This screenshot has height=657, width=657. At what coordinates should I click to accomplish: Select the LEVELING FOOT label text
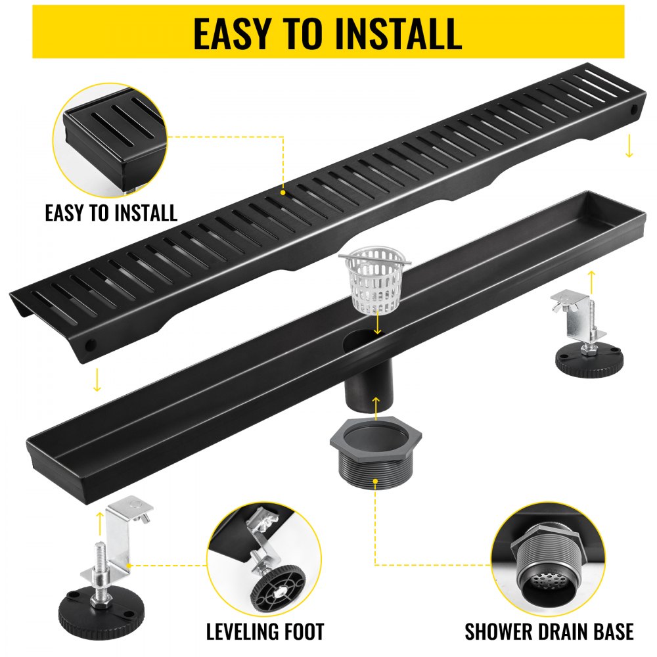(265, 632)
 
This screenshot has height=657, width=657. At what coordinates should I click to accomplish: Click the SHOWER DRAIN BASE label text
(549, 632)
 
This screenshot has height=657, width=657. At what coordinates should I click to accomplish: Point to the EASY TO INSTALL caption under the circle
(111, 213)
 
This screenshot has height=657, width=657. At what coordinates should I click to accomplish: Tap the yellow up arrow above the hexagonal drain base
(375, 407)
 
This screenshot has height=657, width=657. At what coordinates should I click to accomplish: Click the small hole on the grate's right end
(634, 110)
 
